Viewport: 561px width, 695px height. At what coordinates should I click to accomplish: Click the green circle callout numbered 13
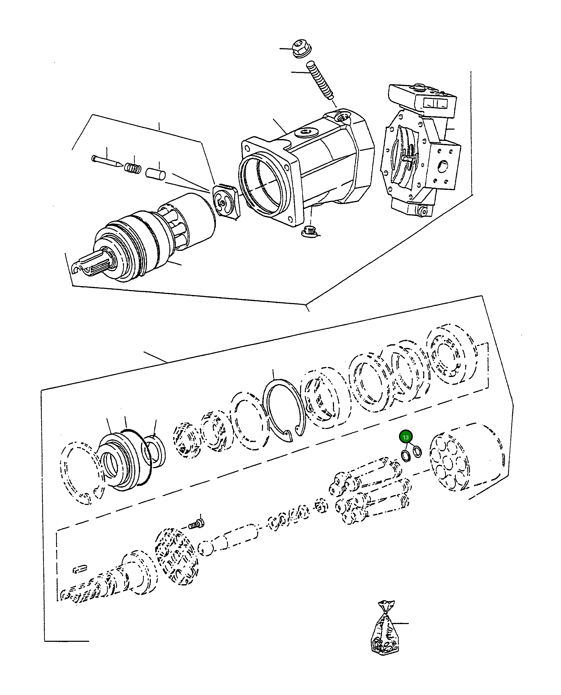click(405, 437)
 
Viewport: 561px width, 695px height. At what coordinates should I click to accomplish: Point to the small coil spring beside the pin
click(133, 168)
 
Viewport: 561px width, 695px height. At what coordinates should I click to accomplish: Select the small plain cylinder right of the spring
click(156, 173)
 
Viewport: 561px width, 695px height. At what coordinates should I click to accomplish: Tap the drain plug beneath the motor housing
click(309, 232)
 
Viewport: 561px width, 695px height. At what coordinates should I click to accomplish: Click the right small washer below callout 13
click(417, 451)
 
